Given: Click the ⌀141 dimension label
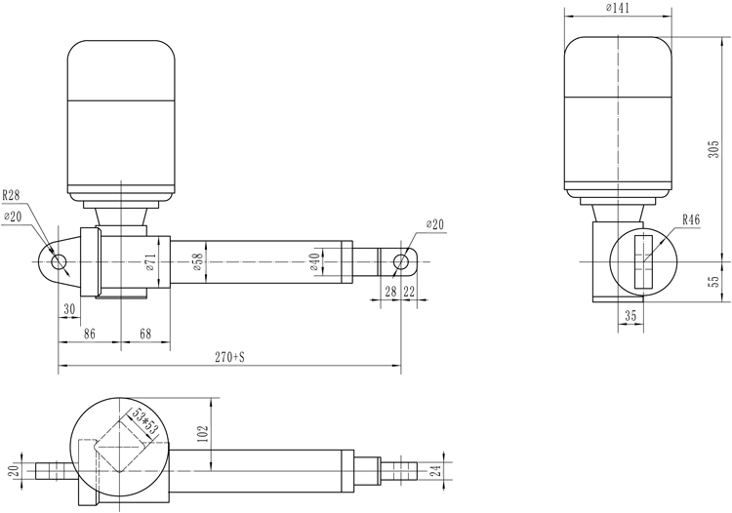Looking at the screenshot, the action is click(x=618, y=8).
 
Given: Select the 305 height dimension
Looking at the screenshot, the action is click(x=713, y=149).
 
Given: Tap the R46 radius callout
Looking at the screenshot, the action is click(x=691, y=219).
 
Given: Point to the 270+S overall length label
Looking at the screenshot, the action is click(x=229, y=357).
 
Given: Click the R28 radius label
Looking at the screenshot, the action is click(x=11, y=195).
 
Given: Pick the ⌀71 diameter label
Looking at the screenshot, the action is click(x=150, y=262).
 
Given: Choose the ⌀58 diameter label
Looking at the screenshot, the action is click(x=197, y=262).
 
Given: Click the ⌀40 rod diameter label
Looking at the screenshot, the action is click(x=314, y=262).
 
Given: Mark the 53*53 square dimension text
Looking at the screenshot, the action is click(x=143, y=420).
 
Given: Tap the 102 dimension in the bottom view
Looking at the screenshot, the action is click(x=203, y=434).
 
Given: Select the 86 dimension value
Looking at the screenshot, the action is click(x=89, y=334).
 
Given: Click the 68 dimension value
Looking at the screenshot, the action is click(x=145, y=334).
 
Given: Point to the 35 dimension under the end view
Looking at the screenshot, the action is click(x=630, y=316).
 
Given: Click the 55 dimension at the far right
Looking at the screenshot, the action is click(x=713, y=281).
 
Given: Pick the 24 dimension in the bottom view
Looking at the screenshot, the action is click(x=435, y=470).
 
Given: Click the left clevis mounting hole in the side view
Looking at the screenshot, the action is click(x=59, y=262).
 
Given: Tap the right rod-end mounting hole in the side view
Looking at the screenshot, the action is click(x=400, y=262).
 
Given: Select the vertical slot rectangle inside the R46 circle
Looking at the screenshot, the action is click(x=643, y=261).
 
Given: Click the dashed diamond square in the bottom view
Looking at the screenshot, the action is click(x=120, y=445).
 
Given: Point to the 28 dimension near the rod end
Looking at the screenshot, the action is click(x=390, y=292).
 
